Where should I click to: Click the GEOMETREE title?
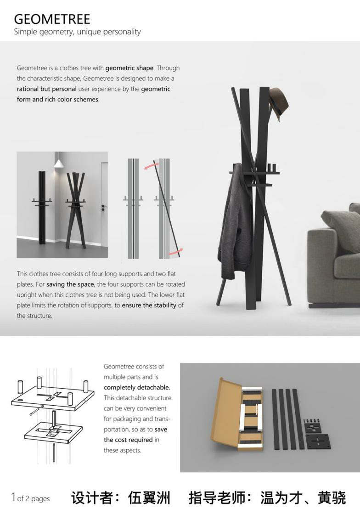point(52,19)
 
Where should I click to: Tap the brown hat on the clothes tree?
point(279,104)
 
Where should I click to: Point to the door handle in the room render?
point(104,207)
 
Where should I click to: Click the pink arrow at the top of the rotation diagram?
point(151,166)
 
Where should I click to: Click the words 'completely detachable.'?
point(137,387)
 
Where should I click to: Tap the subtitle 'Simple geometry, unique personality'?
point(77,32)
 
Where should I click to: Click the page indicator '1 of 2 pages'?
point(30,498)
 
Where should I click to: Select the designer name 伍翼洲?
point(149,498)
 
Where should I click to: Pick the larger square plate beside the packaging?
point(318,441)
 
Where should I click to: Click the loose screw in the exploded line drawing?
point(34,411)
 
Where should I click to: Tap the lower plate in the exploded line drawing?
point(54,432)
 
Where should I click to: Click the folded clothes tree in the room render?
point(41,207)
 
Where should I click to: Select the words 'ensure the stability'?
point(149,305)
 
